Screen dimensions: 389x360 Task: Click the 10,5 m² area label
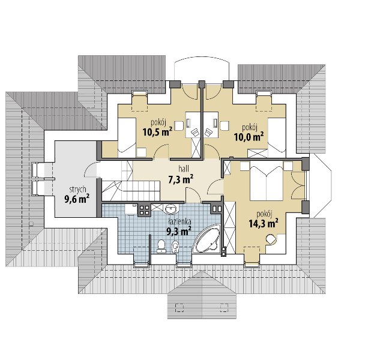point(157,132)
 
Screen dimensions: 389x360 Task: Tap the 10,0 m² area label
point(249,137)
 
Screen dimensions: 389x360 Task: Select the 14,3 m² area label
point(263,223)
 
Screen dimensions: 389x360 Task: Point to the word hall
point(184,169)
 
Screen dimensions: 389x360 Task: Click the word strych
point(77,190)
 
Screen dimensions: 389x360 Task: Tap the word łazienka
point(179,221)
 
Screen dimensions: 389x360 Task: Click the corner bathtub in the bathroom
point(207,239)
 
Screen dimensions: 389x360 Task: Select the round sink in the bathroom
point(170,209)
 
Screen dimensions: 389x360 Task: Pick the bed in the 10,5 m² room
point(127,137)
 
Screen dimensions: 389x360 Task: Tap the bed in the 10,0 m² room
point(277,137)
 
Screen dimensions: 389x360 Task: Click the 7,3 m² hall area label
point(181,179)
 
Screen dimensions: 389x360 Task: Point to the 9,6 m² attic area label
point(77,199)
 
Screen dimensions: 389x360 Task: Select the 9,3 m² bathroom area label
point(179,231)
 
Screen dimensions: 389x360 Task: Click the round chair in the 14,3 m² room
point(271,239)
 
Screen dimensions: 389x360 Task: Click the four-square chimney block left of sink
point(144,210)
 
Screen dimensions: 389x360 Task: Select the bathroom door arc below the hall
point(193,195)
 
